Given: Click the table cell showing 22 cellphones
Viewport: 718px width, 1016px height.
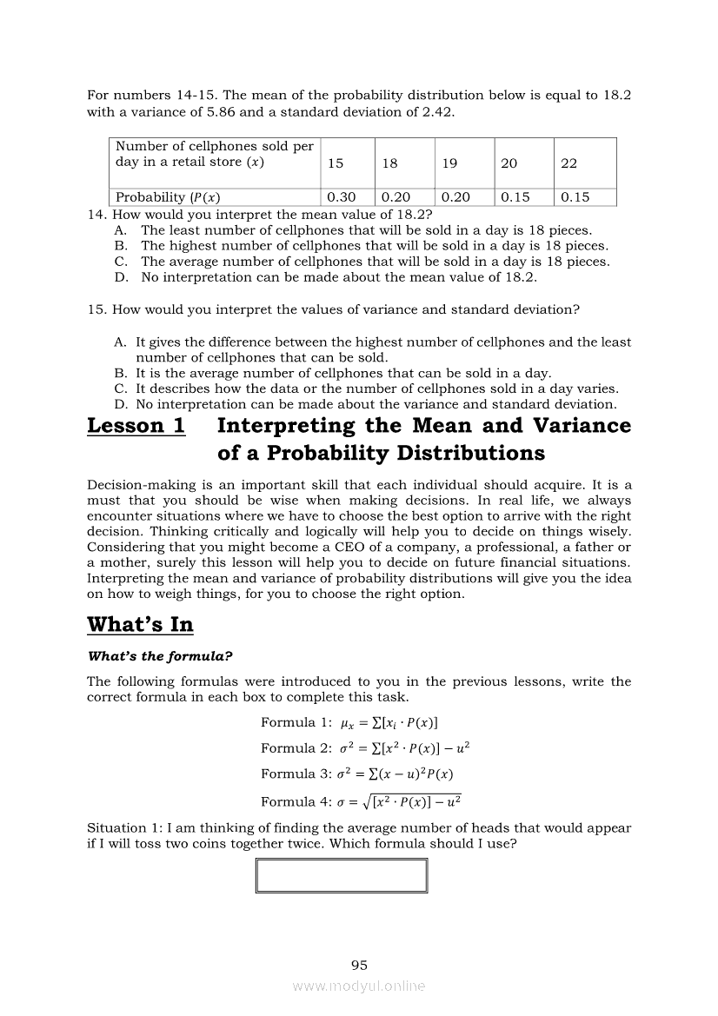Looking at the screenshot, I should [569, 163].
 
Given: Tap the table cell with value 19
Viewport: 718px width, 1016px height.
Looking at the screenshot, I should [449, 163].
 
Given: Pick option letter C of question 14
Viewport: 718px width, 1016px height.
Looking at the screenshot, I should [121, 262].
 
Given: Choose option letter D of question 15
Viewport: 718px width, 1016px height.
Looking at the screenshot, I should [121, 404].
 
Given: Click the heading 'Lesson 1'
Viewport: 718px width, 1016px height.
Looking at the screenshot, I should [136, 426].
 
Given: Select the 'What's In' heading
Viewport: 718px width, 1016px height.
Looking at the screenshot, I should [140, 625].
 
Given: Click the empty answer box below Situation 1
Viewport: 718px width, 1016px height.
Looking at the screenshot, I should [342, 875].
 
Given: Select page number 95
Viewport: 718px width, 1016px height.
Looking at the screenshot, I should [359, 965].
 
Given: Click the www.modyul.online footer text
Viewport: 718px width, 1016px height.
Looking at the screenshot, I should [359, 986].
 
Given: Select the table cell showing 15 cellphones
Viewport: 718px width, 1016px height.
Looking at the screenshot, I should [336, 163].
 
